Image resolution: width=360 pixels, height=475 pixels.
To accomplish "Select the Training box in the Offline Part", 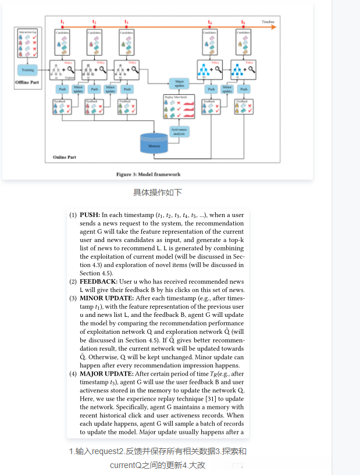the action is pyautogui.click(x=28, y=70).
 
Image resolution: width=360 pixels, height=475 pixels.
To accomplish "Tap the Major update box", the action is pyautogui.click(x=179, y=83).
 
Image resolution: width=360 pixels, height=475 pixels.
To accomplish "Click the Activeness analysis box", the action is pyautogui.click(x=179, y=131).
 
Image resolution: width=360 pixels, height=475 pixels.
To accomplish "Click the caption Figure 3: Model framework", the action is pyautogui.click(x=149, y=174).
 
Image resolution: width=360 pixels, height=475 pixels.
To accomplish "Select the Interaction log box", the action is pyautogui.click(x=28, y=44).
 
